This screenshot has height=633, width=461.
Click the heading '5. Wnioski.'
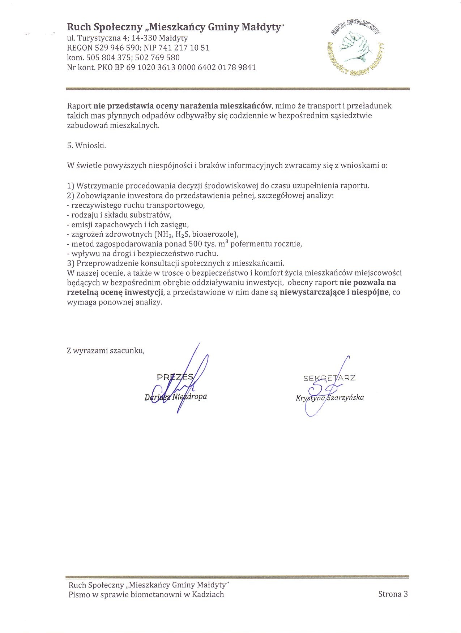coord(86,146)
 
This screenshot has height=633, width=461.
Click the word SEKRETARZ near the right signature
coord(329,378)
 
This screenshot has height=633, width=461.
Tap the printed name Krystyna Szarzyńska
coord(330,398)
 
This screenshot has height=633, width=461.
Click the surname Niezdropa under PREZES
coord(189,397)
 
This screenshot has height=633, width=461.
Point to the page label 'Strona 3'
coord(393,594)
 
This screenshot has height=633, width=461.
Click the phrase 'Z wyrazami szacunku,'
coord(106,350)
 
